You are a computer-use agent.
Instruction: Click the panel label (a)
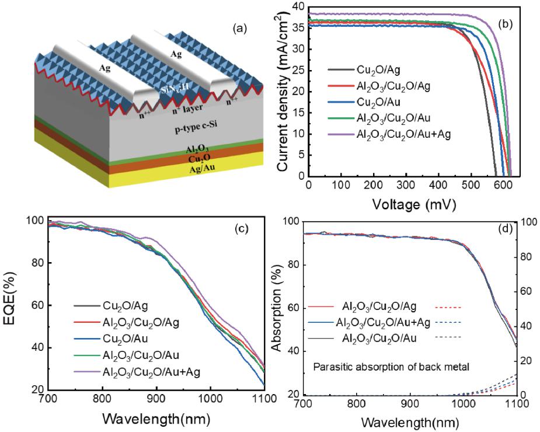coord(239,27)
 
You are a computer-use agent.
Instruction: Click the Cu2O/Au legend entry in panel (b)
coord(379,102)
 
